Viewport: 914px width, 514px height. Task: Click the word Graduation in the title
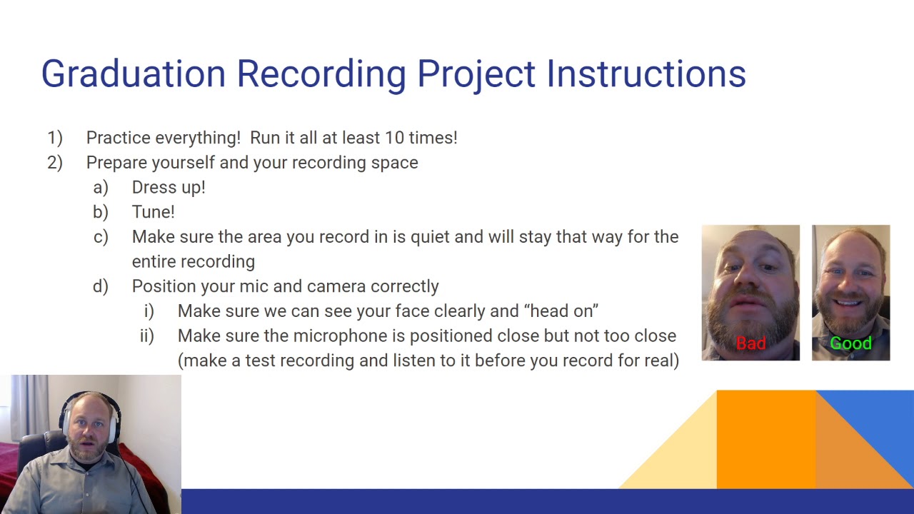(x=133, y=74)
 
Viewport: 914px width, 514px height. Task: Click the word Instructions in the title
(x=646, y=74)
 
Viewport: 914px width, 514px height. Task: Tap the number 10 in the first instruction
(x=394, y=138)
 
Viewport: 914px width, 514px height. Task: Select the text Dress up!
(x=169, y=187)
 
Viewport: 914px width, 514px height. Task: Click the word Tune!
(x=153, y=212)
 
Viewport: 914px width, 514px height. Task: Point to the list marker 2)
(x=55, y=163)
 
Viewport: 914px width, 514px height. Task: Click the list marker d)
(x=101, y=286)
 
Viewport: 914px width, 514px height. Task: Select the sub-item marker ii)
(x=147, y=336)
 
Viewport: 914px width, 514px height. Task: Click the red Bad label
(x=750, y=343)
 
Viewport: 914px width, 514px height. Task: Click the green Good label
(x=850, y=343)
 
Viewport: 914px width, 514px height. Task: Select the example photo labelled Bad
(x=750, y=286)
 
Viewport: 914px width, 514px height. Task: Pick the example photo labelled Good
(x=850, y=286)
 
